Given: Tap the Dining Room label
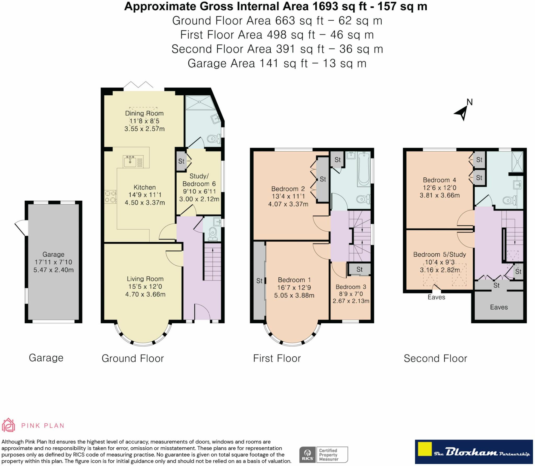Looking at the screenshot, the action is tap(144, 113).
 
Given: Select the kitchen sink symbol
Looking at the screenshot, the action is tap(130, 161).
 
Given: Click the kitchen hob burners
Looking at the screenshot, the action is tap(110, 197).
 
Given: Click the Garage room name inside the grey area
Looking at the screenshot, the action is tap(53, 254).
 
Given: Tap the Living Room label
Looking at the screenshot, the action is tap(145, 279).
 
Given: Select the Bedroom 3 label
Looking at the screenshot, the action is tap(351, 287).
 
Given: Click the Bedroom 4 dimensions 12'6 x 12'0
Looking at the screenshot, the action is tap(440, 188).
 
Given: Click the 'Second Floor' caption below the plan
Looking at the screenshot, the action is tap(435, 358).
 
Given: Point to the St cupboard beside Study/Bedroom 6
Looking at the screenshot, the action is tap(181, 161).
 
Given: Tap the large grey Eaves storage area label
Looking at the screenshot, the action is tap(499, 307).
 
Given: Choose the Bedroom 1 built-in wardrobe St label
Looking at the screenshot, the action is tap(259, 281).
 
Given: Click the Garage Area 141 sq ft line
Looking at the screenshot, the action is tap(277, 63).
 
